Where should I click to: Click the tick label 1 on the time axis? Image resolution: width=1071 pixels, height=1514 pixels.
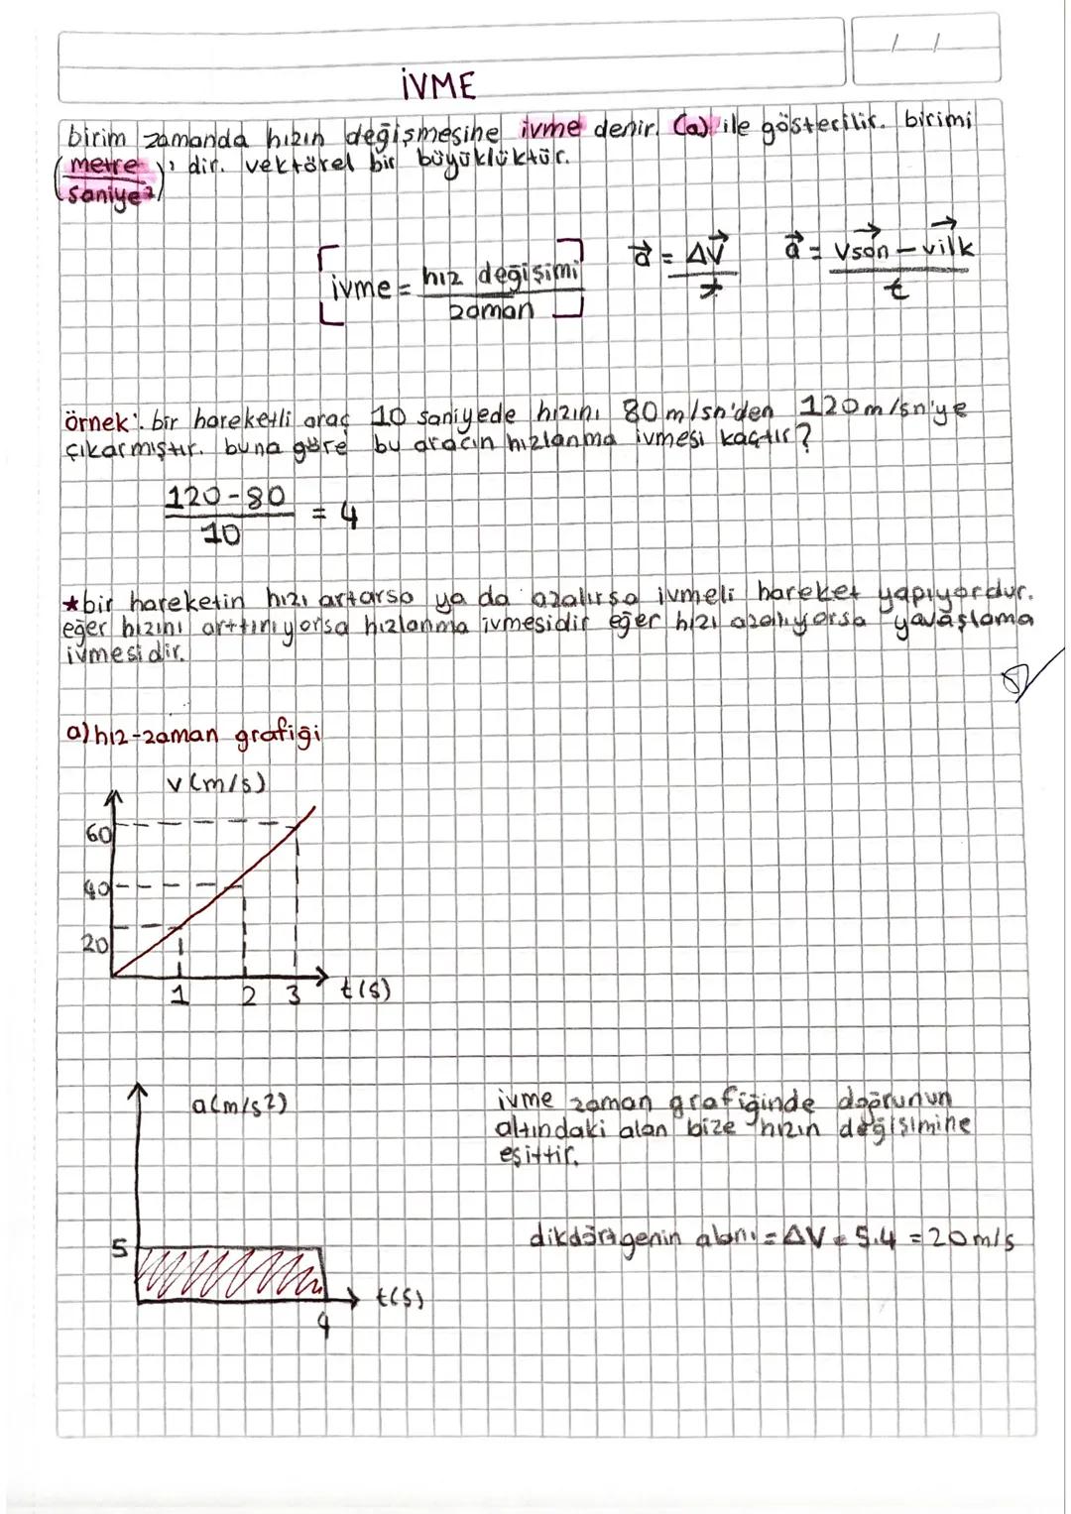point(179,995)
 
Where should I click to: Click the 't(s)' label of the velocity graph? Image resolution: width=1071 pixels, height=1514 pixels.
point(366,990)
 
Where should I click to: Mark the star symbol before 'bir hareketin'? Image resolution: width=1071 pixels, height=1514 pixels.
point(69,604)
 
